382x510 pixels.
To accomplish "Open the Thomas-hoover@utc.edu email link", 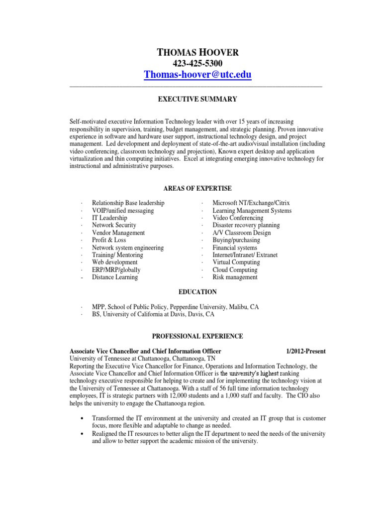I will pos(197,75).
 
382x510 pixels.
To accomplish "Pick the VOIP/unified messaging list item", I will pos(123,211).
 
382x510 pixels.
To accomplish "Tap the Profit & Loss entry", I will pos(109,240).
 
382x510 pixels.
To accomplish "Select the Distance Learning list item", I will pos(115,277).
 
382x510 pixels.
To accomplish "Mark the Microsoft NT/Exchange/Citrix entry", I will pos(251,203).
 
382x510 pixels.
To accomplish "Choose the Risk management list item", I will pos(235,277).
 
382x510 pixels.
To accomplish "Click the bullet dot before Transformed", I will pos(81,419).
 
